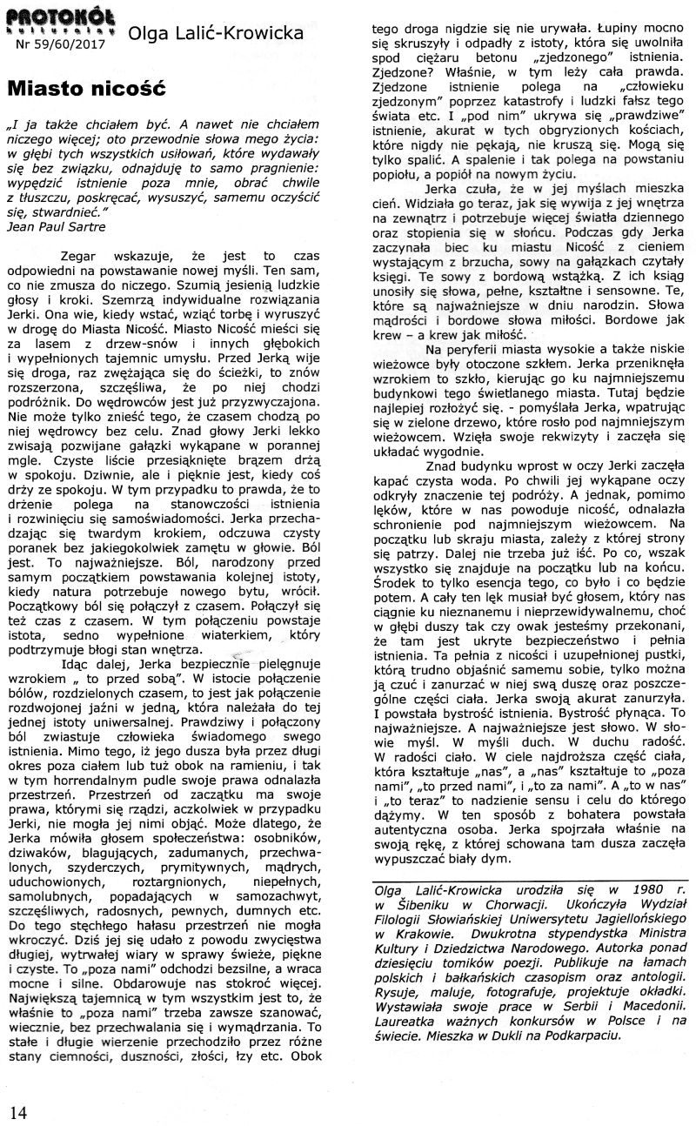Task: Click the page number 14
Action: pyautogui.click(x=19, y=1111)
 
